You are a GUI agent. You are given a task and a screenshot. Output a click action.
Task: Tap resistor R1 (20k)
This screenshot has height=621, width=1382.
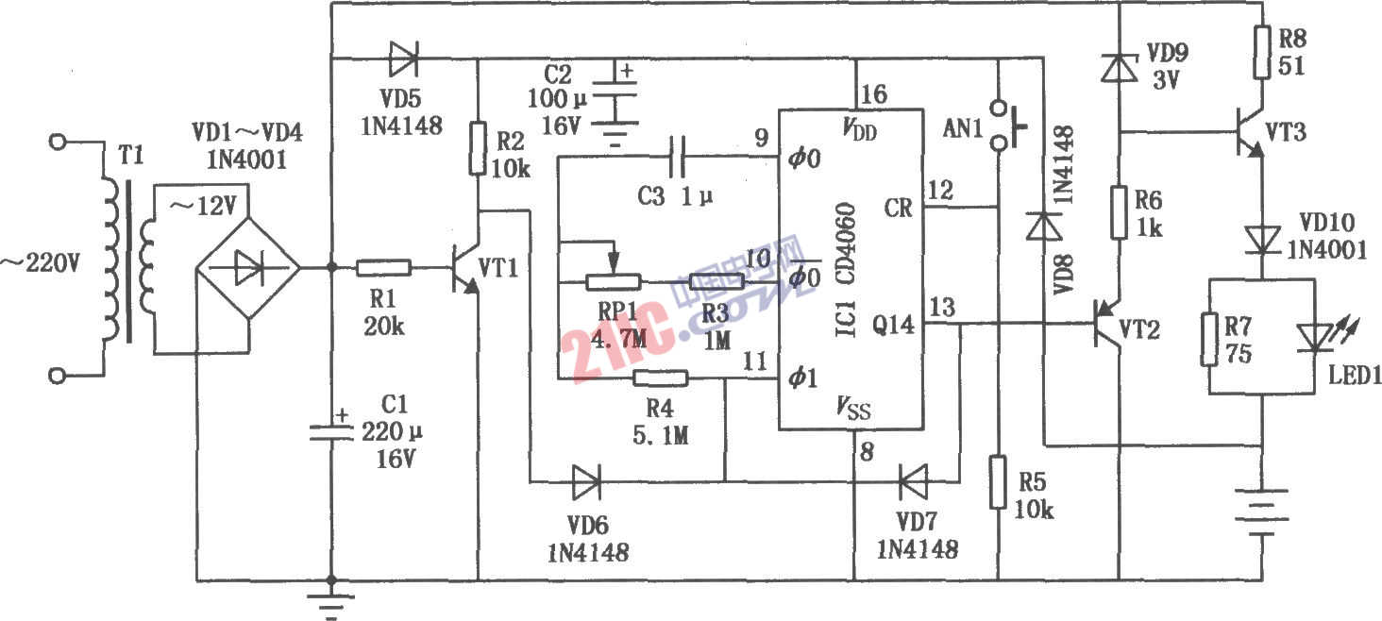tap(383, 268)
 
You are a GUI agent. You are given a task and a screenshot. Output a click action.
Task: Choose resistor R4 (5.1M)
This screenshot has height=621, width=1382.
tap(661, 379)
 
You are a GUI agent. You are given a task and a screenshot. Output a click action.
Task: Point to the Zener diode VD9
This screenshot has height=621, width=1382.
tap(1119, 67)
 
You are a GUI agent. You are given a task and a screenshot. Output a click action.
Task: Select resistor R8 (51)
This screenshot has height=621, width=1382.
tap(1263, 51)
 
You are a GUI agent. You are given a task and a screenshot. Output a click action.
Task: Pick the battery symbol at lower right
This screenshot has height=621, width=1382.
tap(1263, 512)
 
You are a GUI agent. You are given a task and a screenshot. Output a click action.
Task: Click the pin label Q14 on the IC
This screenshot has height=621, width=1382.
tap(894, 326)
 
